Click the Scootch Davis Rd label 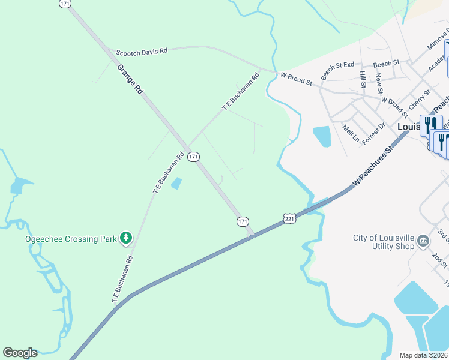(142, 52)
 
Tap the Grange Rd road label (130, 79)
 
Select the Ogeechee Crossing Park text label (71, 239)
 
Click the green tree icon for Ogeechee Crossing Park (126, 239)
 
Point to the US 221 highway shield (290, 218)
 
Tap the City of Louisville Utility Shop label (384, 242)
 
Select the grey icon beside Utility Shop (423, 241)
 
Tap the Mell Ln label (351, 133)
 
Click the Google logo (20, 353)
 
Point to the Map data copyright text (424, 355)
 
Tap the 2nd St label (439, 260)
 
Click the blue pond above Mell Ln (322, 136)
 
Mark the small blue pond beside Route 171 (176, 184)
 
